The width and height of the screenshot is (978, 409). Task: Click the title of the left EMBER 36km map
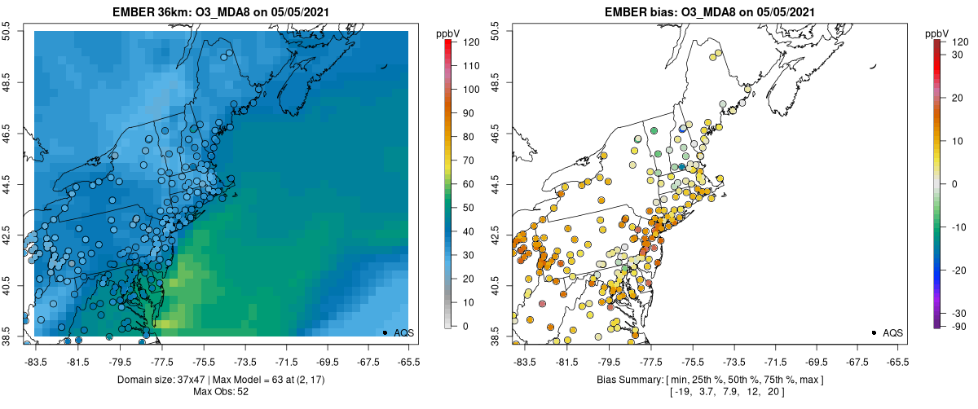221,11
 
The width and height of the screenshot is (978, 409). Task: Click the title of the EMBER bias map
709,11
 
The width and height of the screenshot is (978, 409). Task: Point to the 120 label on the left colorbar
471,42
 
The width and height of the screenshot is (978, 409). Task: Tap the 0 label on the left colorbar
465,326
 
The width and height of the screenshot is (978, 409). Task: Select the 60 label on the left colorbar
469,184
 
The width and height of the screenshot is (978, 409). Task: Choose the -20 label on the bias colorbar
959,270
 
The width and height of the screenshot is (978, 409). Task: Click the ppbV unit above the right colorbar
937,33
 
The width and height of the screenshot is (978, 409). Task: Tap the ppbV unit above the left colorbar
449,33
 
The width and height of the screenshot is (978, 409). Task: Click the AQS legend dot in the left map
385,332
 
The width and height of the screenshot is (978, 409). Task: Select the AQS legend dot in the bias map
874,332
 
